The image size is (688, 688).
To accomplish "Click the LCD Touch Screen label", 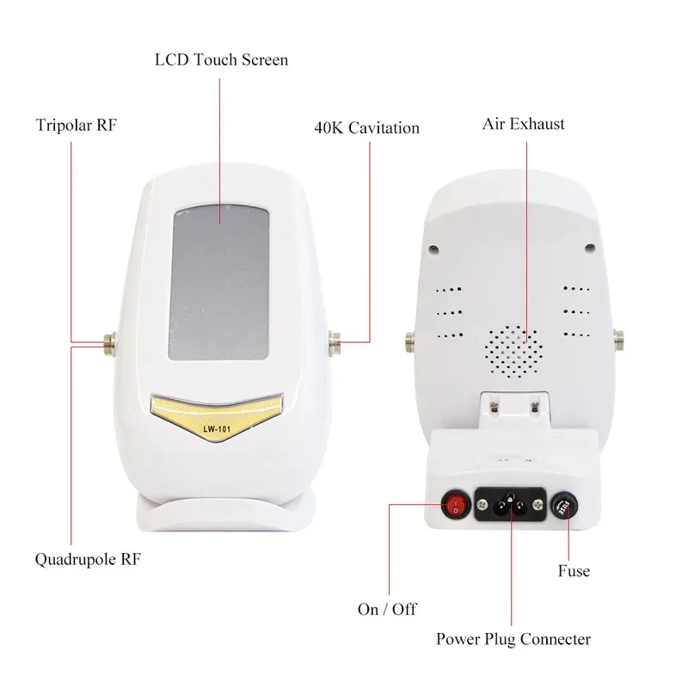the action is pyautogui.click(x=221, y=60).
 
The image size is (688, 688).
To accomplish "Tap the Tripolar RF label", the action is pyautogui.click(x=76, y=126).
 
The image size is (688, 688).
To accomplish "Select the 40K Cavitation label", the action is pyautogui.click(x=366, y=128).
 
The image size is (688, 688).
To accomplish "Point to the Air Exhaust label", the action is pyautogui.click(x=523, y=124).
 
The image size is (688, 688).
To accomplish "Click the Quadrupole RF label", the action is pyautogui.click(x=88, y=560).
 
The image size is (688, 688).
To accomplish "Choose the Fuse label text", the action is pyautogui.click(x=573, y=570).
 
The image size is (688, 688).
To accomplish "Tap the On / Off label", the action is pyautogui.click(x=387, y=609).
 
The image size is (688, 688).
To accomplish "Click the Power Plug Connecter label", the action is pyautogui.click(x=513, y=639).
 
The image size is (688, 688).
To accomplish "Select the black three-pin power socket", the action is pyautogui.click(x=511, y=504).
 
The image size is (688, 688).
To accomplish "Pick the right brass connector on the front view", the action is pyautogui.click(x=334, y=344).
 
